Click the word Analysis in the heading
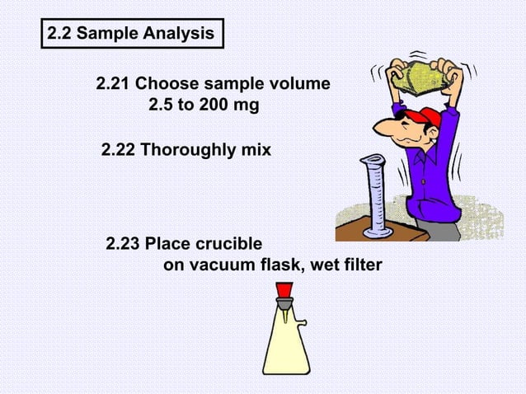click(x=179, y=35)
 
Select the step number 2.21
click(x=112, y=85)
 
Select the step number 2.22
click(x=117, y=151)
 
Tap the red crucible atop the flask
click(x=284, y=290)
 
